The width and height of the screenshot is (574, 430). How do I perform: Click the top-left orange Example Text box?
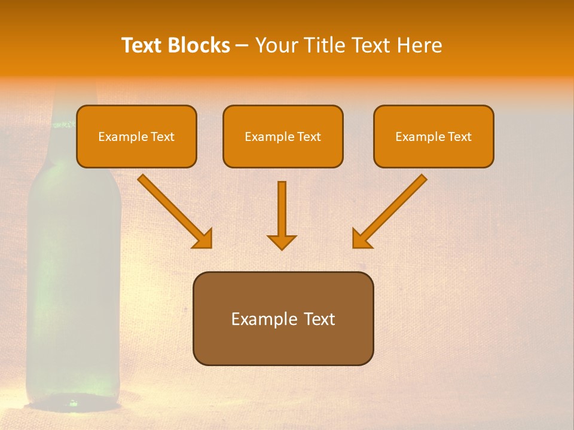[x=136, y=136]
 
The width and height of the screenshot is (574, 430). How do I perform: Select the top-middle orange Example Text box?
[x=283, y=136]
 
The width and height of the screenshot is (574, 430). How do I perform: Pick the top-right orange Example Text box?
[x=433, y=136]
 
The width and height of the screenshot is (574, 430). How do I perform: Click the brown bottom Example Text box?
[x=283, y=318]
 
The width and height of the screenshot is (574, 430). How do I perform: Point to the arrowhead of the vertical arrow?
[x=282, y=242]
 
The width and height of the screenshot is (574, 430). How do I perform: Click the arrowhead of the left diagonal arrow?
[x=203, y=239]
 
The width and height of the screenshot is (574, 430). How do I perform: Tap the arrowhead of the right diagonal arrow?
[x=361, y=239]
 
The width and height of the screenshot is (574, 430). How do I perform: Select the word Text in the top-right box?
[x=459, y=136]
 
